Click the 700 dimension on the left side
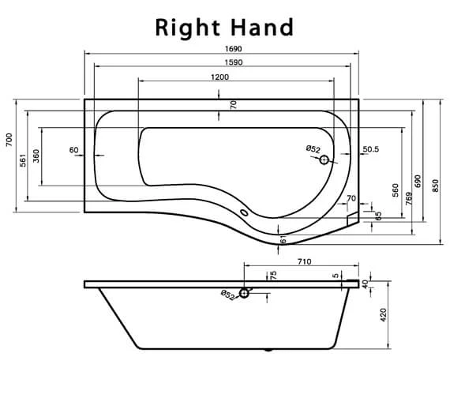(x=9, y=140)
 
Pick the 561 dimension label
(x=24, y=159)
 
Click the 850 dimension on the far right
(x=436, y=184)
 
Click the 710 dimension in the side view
(x=304, y=261)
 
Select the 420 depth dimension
(x=384, y=314)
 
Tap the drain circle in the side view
(x=245, y=294)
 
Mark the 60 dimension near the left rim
(x=73, y=149)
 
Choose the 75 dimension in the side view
(x=273, y=276)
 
